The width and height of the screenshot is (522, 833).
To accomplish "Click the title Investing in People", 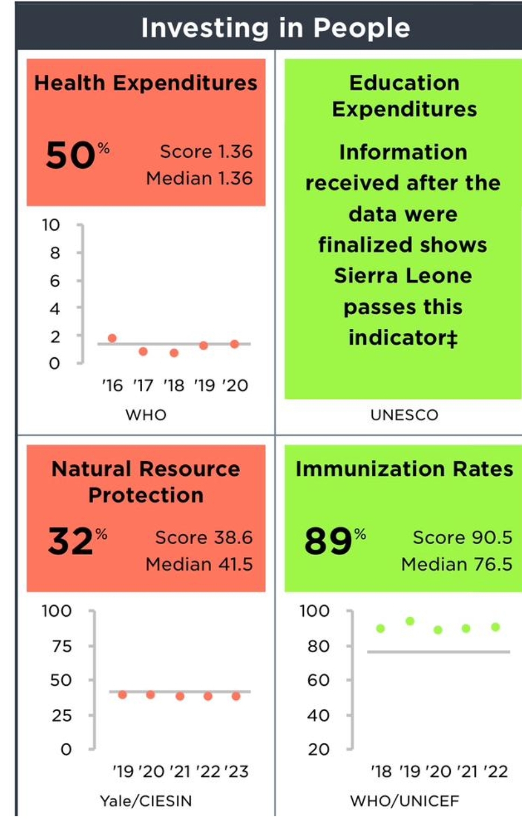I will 275,28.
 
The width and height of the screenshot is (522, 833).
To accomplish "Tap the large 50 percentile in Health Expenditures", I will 71,156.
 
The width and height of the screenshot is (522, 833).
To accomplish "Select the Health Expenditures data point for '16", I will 112,338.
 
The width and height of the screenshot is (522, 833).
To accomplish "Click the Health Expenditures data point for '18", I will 174,353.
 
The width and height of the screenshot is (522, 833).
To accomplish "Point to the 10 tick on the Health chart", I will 51,225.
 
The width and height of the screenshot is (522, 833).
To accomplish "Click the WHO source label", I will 146,415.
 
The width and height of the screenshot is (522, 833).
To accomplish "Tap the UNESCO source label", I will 404,415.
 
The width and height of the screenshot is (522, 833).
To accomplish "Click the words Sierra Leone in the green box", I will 403,276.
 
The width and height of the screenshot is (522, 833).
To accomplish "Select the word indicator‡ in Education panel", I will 403,338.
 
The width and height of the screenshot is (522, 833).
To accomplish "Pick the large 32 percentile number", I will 70,542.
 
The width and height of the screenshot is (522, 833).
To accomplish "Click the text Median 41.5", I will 199,564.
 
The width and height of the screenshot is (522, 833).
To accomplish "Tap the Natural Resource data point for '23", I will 236,696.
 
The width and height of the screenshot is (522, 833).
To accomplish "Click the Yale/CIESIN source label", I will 146,801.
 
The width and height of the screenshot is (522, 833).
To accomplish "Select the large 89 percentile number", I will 328,542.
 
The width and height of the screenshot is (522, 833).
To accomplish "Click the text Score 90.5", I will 462,537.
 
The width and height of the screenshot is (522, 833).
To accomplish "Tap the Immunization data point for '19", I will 410,621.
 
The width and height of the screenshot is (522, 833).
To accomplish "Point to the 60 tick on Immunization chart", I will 318,681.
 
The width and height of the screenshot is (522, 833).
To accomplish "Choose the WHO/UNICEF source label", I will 405,801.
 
